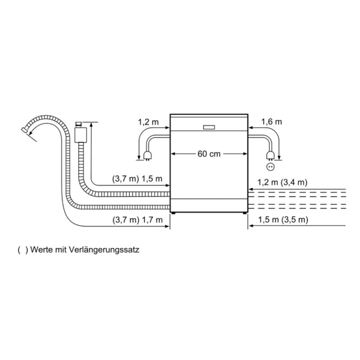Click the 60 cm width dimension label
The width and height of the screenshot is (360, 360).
[x=209, y=154]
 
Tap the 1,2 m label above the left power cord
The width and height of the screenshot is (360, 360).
[x=148, y=122]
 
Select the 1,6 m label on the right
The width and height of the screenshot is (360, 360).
[x=272, y=122]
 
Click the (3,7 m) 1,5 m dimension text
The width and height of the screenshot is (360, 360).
[x=137, y=179]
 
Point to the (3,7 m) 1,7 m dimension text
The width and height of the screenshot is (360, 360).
[x=138, y=220]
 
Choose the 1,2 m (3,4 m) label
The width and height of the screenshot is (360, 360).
[x=282, y=182]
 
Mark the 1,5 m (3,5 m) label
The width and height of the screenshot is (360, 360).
[x=283, y=220]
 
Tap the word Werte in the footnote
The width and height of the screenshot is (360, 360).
[x=42, y=250]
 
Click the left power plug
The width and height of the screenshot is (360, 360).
[x=147, y=156]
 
